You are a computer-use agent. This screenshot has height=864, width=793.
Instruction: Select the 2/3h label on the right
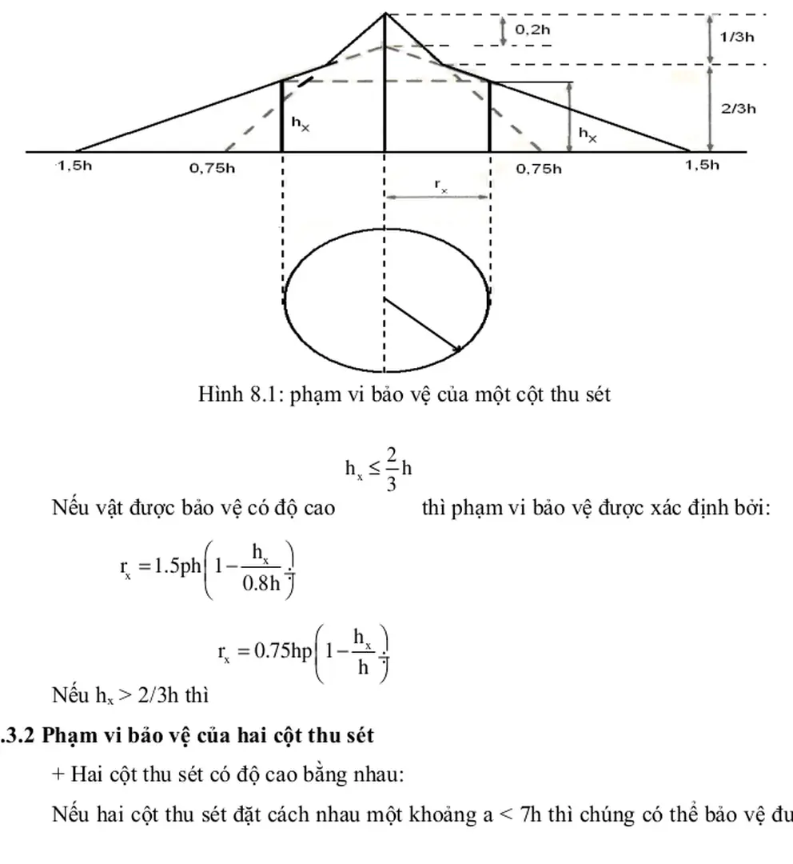coord(738,109)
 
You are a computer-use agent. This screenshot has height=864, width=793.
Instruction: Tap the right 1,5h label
coord(702,166)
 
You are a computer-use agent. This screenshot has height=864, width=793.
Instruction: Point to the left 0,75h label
coord(213,168)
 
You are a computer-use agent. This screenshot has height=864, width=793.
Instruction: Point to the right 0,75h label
coord(538,168)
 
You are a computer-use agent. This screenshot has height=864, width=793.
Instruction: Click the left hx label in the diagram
coord(301,124)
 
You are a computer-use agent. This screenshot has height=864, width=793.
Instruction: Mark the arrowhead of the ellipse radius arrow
coord(458,348)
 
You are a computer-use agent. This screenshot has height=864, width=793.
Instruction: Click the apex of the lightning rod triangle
coord(385,13)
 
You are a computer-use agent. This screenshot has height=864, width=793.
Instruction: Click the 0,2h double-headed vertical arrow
coord(504,30)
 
